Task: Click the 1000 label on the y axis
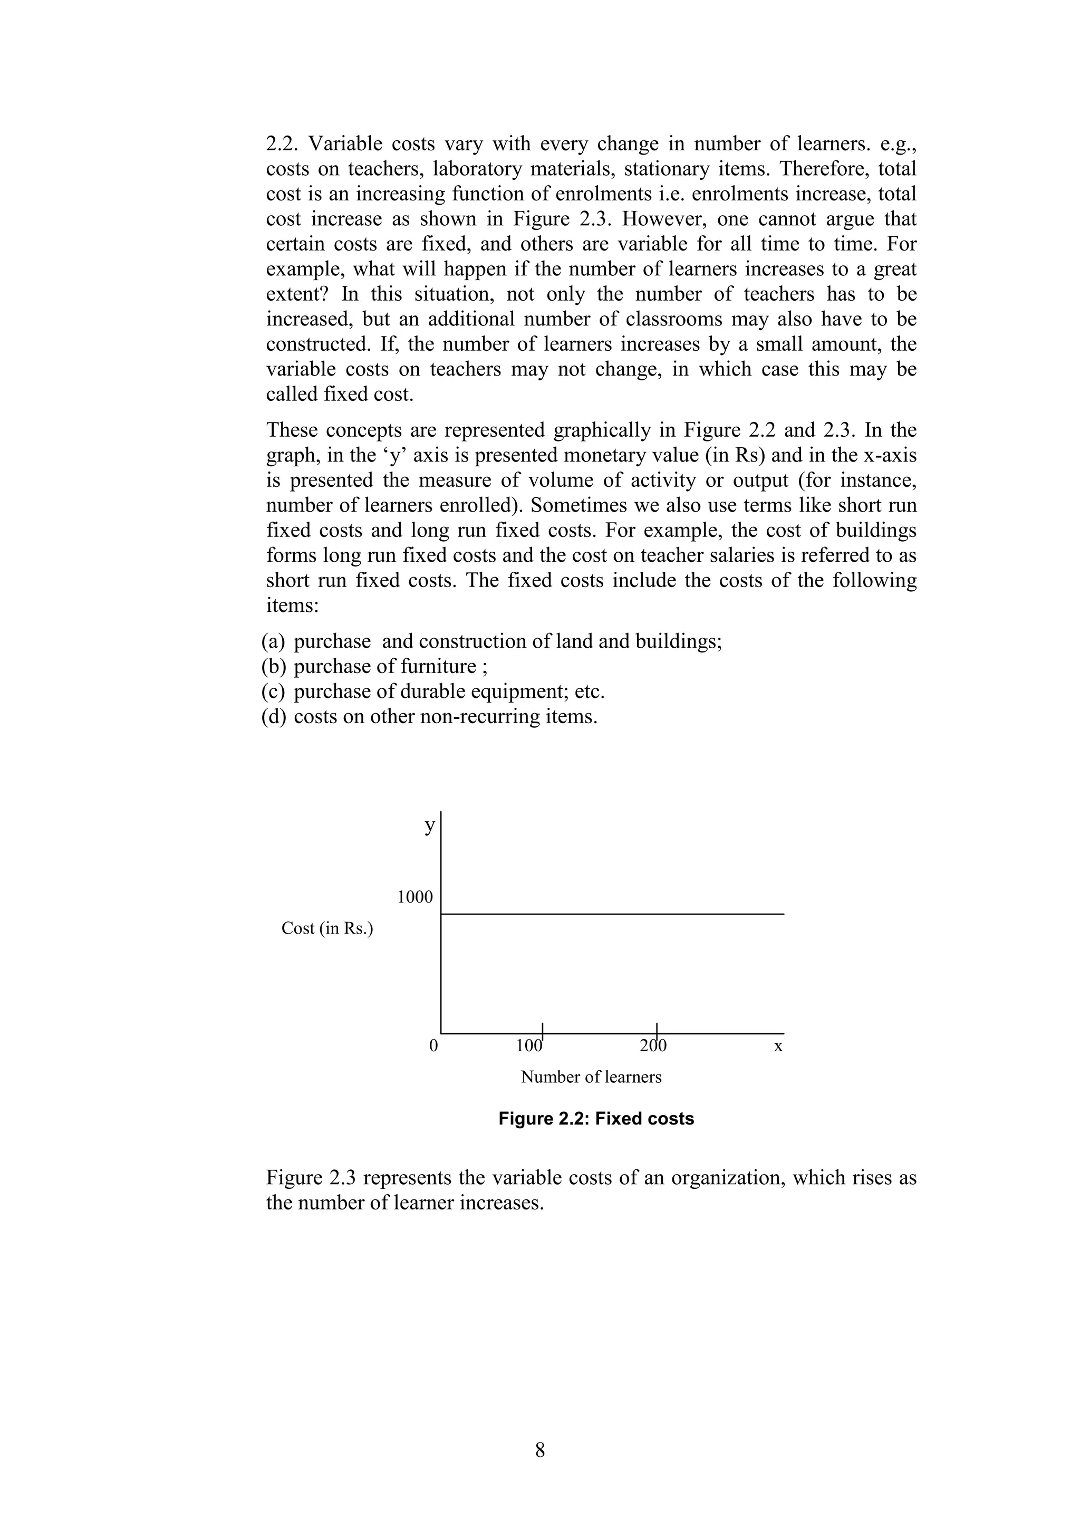[414, 897]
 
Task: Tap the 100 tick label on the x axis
[529, 1045]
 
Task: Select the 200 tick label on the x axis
[653, 1045]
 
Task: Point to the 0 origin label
[433, 1045]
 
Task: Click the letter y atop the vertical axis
[430, 826]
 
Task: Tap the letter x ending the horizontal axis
[778, 1046]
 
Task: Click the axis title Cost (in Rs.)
[327, 928]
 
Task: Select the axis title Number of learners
[591, 1077]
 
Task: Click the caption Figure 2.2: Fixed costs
[595, 1119]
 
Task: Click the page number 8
[539, 1449]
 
